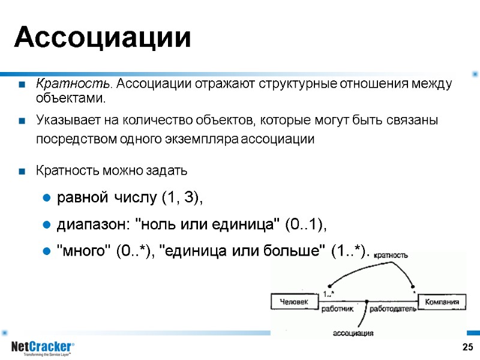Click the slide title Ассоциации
(103, 38)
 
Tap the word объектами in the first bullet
(70, 98)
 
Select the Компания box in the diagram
(442, 302)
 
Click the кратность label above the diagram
(391, 255)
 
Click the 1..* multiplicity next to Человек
(328, 293)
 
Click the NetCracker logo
(43, 347)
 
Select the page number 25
(467, 347)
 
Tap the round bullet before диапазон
(45, 226)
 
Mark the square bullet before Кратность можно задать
(22, 172)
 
